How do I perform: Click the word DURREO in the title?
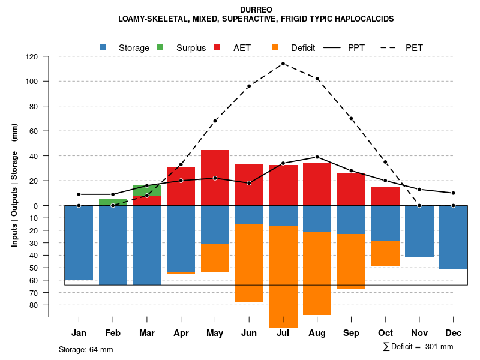pos(256,10)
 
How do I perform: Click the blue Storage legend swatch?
pos(103,47)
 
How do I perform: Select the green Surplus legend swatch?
pos(160,47)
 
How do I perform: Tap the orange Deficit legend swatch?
pos(275,47)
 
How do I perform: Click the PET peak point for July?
pos(283,64)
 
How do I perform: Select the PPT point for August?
pos(317,157)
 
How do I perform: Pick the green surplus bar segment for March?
pos(147,190)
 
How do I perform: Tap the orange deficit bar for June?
pos(249,263)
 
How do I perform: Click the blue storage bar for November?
pos(419,231)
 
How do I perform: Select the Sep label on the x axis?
pos(351,333)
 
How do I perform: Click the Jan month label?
pos(79,333)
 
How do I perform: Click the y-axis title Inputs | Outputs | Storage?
pos(14,185)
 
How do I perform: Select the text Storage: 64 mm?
pos(86,349)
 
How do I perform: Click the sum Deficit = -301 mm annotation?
pos(418,346)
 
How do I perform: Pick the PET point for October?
pos(385,162)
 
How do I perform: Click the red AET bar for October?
pos(385,196)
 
